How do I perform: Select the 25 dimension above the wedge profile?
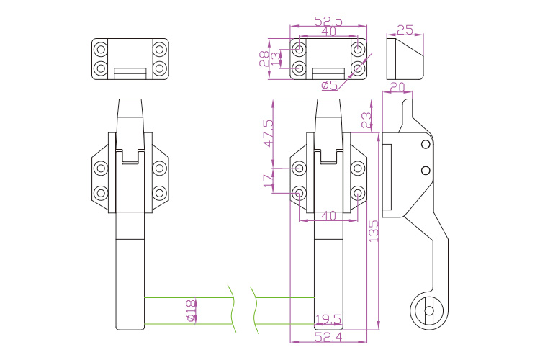[405, 30]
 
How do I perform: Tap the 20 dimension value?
[397, 88]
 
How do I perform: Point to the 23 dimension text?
[366, 118]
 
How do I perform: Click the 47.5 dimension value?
[269, 134]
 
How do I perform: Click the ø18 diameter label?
[190, 311]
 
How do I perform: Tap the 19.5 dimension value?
[328, 318]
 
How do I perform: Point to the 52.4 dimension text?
[328, 336]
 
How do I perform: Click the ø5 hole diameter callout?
[330, 86]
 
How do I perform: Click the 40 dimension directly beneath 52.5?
[328, 32]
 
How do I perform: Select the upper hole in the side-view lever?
[426, 145]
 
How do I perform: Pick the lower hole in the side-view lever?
[426, 170]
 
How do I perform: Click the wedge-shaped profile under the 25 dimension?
[405, 59]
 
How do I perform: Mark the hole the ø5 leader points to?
[358, 69]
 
